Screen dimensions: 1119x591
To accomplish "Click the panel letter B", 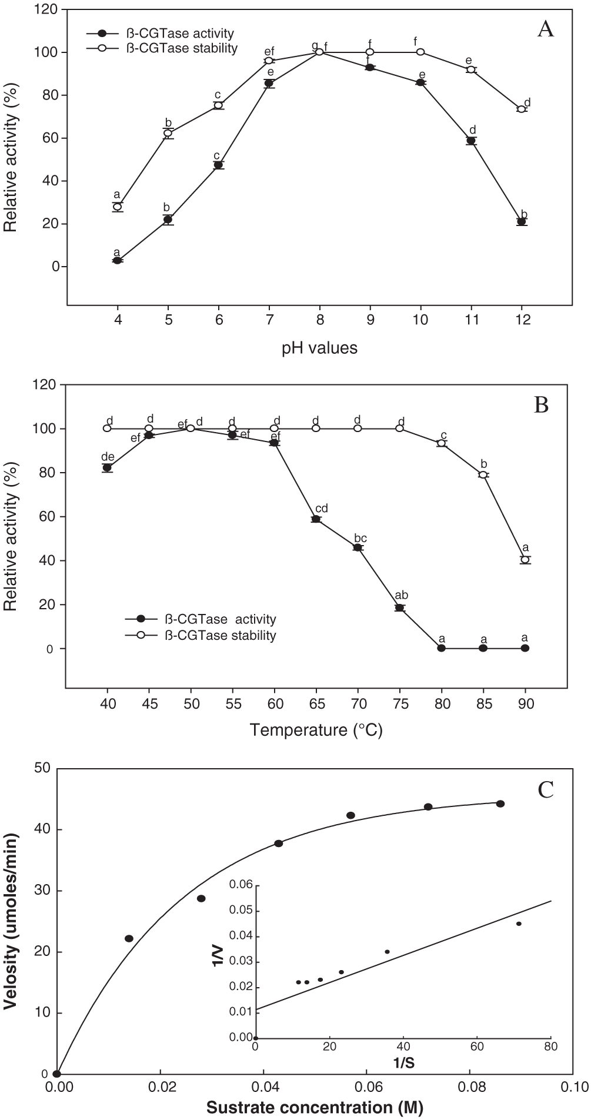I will point(540,405).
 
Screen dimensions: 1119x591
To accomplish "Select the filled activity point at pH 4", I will point(118,260).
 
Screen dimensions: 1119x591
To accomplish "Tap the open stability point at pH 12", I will point(521,109).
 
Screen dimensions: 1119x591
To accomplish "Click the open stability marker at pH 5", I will point(168,133).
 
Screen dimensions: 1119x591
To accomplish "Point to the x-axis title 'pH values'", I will point(319,348).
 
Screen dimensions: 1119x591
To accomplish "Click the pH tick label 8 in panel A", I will point(319,320).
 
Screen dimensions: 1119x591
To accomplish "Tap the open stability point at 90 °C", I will point(525,559).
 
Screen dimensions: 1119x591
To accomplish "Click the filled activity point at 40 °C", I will point(107,468).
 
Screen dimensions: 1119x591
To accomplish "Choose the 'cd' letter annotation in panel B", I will point(322,507).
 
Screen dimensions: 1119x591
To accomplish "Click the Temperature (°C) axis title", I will point(316,730).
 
